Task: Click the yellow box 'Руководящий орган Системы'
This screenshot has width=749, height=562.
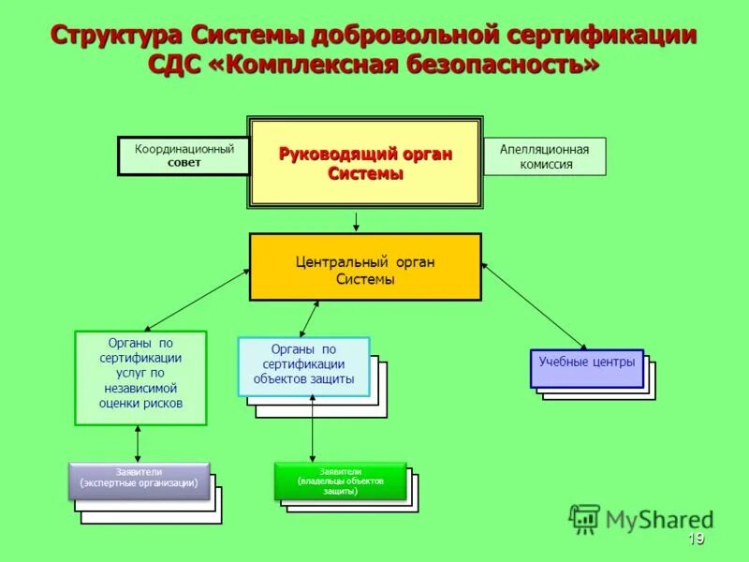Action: (x=365, y=163)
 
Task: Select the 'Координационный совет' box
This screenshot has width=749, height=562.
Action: (x=184, y=155)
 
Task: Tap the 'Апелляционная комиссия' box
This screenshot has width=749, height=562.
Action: (x=544, y=156)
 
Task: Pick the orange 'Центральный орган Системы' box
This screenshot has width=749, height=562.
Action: (x=365, y=268)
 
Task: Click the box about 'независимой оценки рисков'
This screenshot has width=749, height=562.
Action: (x=140, y=378)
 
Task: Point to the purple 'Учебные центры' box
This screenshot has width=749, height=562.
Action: (x=587, y=368)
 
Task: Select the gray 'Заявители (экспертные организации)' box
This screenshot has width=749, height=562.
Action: (x=139, y=480)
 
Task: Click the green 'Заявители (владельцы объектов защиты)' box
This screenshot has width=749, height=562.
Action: (x=341, y=481)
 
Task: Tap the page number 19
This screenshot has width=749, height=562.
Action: (x=695, y=539)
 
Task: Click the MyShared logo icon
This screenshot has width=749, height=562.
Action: (x=585, y=518)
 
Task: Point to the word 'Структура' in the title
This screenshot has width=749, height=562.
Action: (x=116, y=36)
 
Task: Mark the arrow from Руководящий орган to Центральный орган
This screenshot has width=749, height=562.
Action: (x=356, y=221)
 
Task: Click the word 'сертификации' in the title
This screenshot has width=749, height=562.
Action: (x=602, y=36)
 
